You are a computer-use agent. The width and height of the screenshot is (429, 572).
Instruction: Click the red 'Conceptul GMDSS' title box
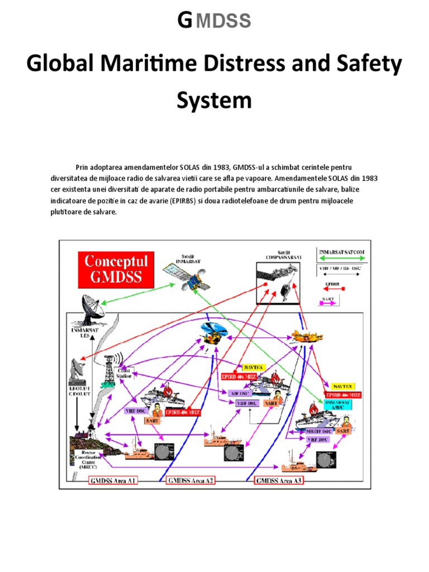116,269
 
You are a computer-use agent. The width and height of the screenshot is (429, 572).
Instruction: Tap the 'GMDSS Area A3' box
279,480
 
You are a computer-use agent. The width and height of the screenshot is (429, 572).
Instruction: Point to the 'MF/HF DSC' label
321,431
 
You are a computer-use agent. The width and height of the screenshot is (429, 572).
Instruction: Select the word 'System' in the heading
214,101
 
